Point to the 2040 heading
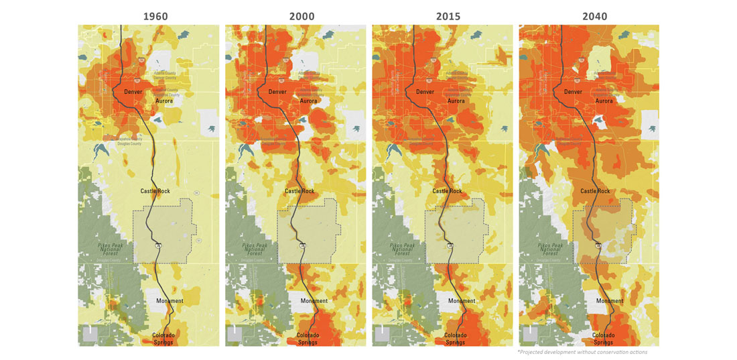point(590,15)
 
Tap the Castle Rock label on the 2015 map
point(447,191)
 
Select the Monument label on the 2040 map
point(610,301)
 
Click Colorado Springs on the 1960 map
point(163,339)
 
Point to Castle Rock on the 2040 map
point(595,191)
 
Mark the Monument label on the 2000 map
point(314,301)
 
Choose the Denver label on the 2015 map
point(425,91)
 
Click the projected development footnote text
point(582,352)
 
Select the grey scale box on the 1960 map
point(89,335)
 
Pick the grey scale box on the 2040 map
point(530,335)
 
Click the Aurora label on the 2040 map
point(604,101)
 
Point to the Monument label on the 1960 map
point(170,301)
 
